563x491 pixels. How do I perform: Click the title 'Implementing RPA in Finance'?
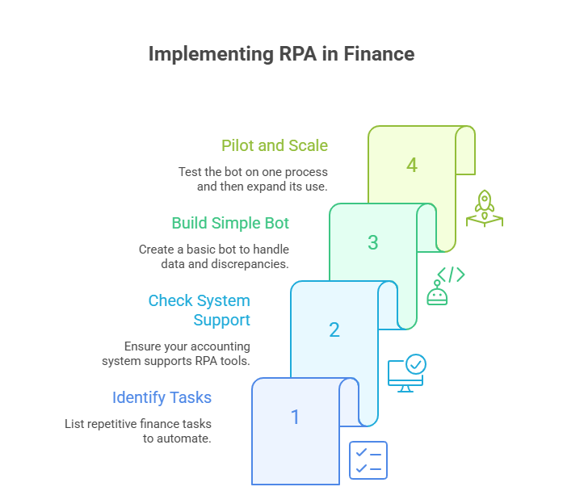tap(281, 54)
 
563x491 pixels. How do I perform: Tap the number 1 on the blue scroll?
tap(295, 417)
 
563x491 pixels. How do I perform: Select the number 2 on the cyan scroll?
tap(334, 329)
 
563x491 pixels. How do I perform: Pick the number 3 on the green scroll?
tap(372, 242)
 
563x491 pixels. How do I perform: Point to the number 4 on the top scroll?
tap(412, 166)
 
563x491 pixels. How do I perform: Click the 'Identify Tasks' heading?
tap(162, 397)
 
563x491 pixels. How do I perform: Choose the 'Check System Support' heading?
tap(199, 310)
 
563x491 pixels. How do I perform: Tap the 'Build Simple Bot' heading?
tap(230, 223)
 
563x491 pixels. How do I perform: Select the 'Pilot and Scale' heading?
tap(275, 146)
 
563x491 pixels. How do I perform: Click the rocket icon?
tap(484, 208)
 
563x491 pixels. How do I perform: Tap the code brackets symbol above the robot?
tap(451, 275)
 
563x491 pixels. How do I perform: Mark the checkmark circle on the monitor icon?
tap(416, 365)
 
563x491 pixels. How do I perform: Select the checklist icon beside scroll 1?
tap(368, 460)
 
